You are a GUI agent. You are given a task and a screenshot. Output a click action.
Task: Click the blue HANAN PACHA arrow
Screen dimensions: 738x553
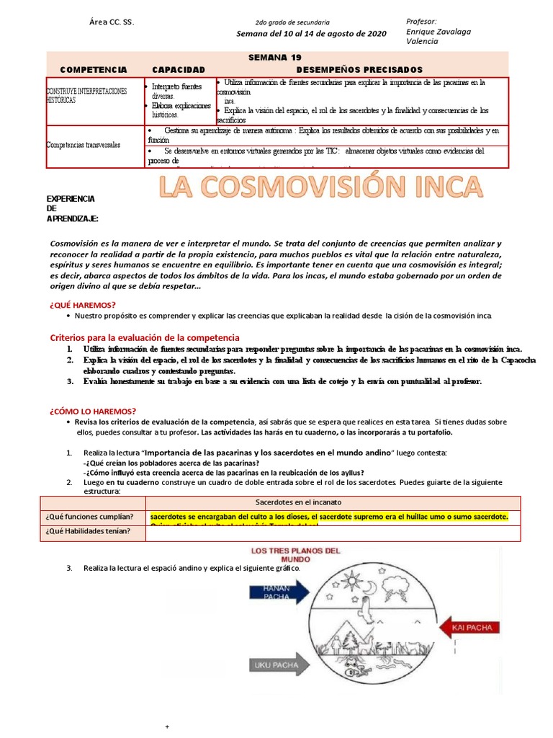point(279,592)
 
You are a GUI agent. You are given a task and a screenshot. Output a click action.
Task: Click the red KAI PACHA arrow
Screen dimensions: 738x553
point(468,627)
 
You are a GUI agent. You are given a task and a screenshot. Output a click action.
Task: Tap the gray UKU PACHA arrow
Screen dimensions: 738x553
point(278,665)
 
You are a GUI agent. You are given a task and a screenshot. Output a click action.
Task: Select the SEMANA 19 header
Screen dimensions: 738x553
point(275,57)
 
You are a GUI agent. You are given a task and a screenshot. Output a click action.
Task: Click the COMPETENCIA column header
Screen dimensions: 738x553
point(94,69)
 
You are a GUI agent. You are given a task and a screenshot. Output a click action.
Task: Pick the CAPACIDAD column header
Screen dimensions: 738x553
point(179,69)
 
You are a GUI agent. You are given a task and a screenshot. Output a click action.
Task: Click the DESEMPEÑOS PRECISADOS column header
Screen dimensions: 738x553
point(359,69)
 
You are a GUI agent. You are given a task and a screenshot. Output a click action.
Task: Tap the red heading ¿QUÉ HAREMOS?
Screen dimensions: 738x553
point(83,305)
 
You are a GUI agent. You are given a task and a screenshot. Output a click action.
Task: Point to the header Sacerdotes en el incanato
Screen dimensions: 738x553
point(299,502)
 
